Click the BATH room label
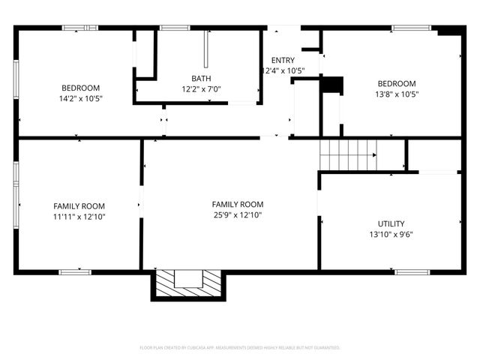pyautogui.click(x=201, y=78)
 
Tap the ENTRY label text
pyautogui.click(x=283, y=61)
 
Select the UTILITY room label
pyautogui.click(x=391, y=223)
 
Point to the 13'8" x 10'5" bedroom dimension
pyautogui.click(x=397, y=94)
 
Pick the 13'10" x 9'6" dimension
pyautogui.click(x=391, y=234)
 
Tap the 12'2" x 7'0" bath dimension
pyautogui.click(x=201, y=88)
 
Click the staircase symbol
pyautogui.click(x=348, y=155)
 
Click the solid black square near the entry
pyautogui.click(x=331, y=85)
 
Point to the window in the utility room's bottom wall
pyautogui.click(x=412, y=271)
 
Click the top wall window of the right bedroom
pyautogui.click(x=412, y=28)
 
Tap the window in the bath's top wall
pyautogui.click(x=174, y=28)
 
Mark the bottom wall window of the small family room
pyautogui.click(x=75, y=271)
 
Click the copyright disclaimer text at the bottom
pyautogui.click(x=240, y=348)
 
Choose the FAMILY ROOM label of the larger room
pyautogui.click(x=237, y=204)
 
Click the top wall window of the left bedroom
pyautogui.click(x=79, y=28)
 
